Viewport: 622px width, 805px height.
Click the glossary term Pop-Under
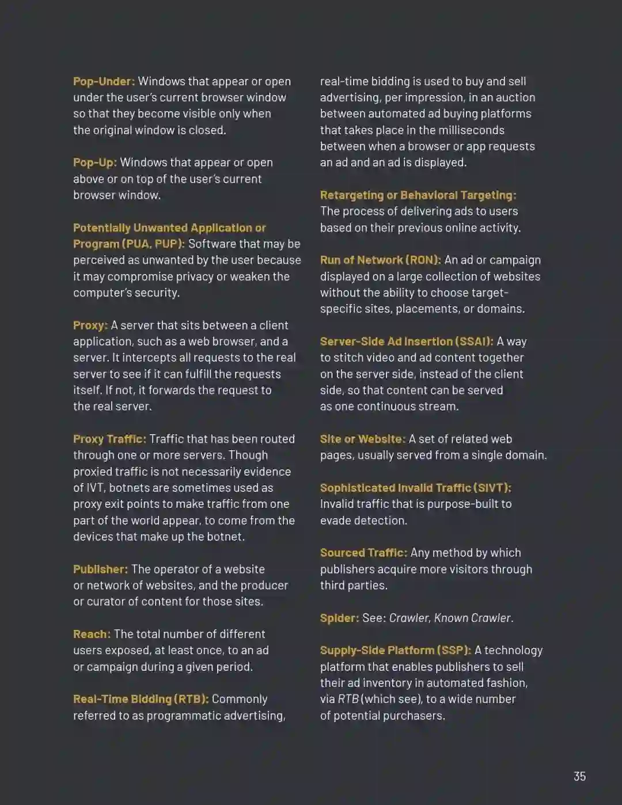[104, 81]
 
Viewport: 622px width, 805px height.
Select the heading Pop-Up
[94, 162]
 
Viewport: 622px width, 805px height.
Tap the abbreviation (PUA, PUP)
[153, 244]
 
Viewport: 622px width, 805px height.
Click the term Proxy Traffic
[109, 439]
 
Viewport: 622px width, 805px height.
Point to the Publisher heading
[100, 569]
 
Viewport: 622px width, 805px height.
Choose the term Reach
[92, 634]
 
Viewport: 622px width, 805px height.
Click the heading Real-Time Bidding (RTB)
[141, 699]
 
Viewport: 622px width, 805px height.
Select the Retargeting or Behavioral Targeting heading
[418, 195]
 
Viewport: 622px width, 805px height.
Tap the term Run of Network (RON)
[380, 260]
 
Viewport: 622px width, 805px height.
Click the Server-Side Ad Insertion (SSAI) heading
[406, 341]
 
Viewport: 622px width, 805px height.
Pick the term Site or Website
[362, 439]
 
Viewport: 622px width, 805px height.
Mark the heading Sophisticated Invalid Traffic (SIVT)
[415, 488]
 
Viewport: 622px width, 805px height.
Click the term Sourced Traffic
[363, 553]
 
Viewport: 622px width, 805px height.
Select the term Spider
[339, 618]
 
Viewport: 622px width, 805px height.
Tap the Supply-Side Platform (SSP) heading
[395, 650]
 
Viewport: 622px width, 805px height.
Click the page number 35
[579, 776]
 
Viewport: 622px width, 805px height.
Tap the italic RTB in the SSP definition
[348, 699]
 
